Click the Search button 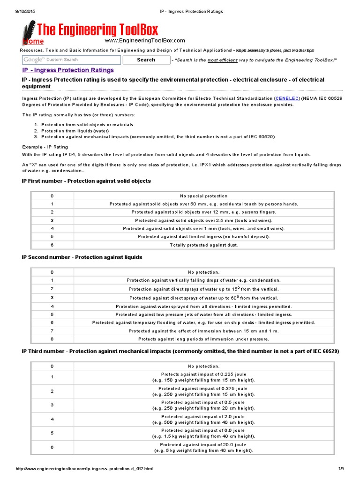146,60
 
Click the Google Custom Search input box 71,60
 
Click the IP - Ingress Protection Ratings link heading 68,70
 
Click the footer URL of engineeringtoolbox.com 85,469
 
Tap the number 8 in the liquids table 52,339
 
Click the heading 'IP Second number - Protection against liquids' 82,257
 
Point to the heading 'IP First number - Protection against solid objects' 86,181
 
